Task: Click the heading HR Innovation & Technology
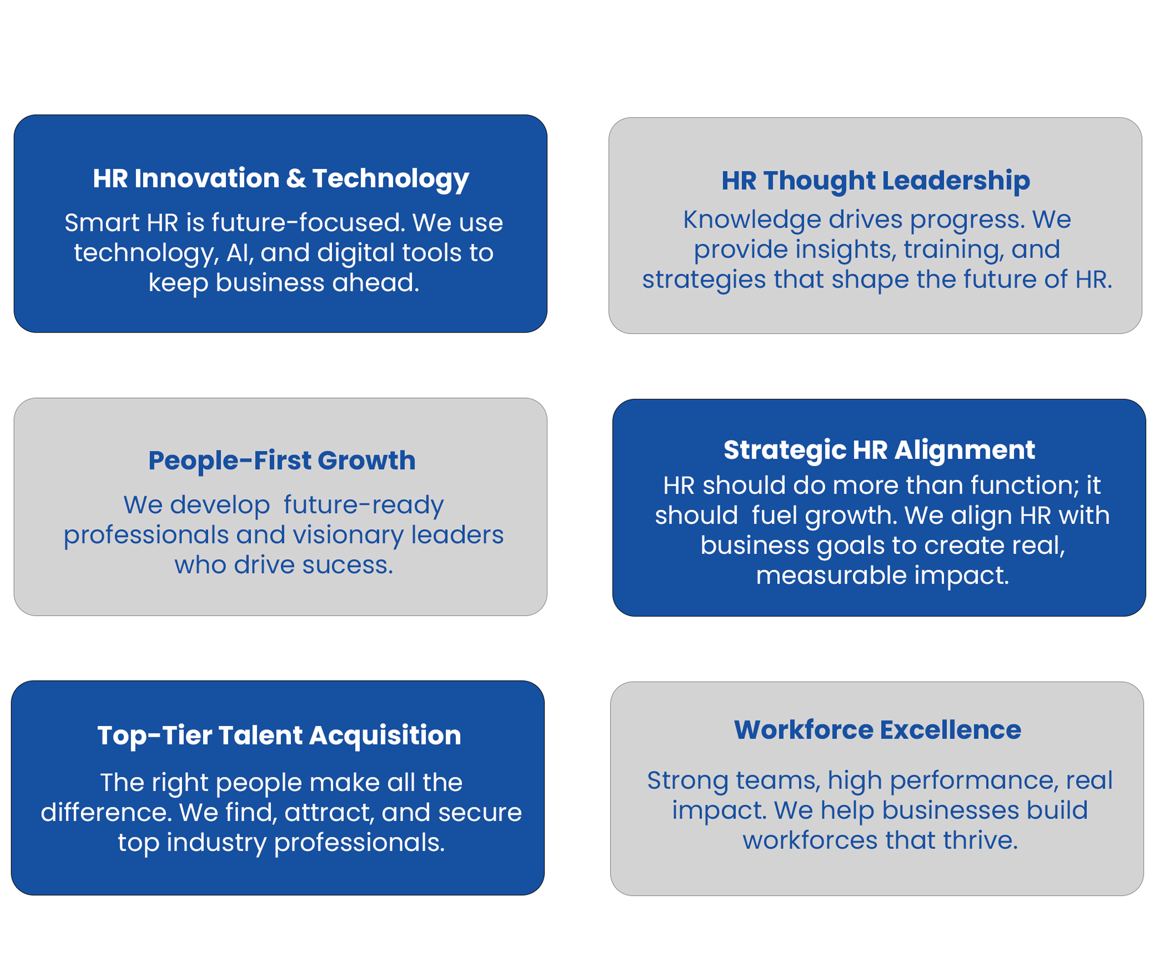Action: [281, 179]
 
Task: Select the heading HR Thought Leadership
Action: [875, 181]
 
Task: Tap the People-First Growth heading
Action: [282, 461]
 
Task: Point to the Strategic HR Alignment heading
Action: [880, 450]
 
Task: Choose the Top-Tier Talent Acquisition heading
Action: [279, 735]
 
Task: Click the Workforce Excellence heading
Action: [878, 730]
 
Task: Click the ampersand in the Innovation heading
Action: [296, 178]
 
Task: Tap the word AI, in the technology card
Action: [240, 253]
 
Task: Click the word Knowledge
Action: [752, 220]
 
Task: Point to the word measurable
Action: [831, 576]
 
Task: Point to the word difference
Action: [106, 813]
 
